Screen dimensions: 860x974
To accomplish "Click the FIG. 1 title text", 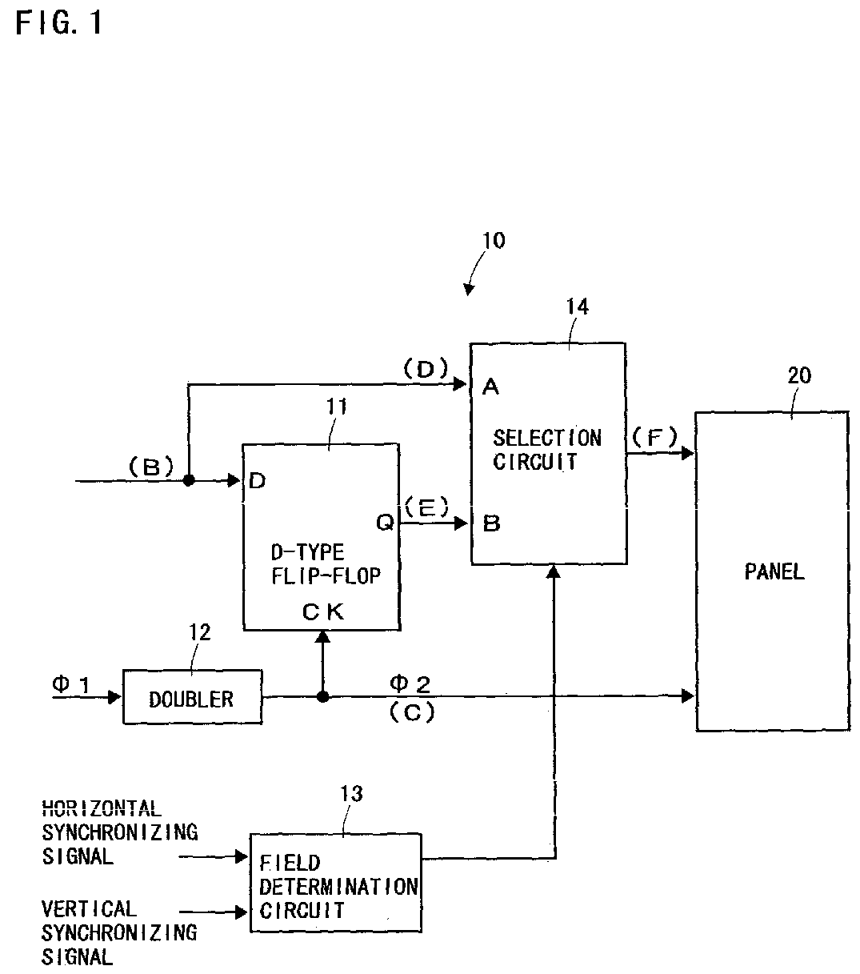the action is tap(58, 22).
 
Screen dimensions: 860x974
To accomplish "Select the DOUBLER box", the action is tap(192, 696).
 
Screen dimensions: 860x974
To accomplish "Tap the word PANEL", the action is tap(774, 571).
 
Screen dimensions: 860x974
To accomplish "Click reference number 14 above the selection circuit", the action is tap(577, 307).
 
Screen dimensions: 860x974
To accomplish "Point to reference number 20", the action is tap(799, 375).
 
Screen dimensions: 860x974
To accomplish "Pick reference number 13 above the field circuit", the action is tap(351, 794).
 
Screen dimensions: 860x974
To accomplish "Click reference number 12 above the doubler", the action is tap(199, 632).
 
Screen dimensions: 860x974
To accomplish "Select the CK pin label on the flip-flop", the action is tap(323, 612).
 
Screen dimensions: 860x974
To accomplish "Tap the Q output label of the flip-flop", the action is tap(385, 522).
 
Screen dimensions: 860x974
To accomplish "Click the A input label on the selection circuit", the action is tap(490, 387).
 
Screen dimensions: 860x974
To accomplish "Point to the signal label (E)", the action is tap(427, 507).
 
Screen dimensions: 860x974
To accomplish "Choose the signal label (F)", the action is tap(654, 438).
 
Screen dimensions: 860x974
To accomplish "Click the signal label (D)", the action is tap(426, 369).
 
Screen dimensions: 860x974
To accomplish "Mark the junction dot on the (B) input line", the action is tap(189, 479).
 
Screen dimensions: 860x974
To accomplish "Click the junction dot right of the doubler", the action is tap(323, 696).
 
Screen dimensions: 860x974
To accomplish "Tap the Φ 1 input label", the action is tap(71, 684).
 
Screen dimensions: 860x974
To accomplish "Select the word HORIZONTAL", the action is tap(102, 808).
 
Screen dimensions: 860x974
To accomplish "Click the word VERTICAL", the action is tap(90, 908).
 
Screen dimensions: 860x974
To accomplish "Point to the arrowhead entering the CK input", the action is tap(322, 636).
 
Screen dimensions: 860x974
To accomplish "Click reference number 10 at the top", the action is tap(494, 240).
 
